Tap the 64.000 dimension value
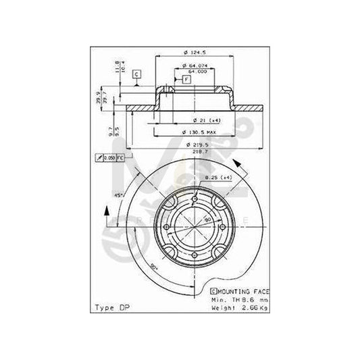click(x=195, y=72)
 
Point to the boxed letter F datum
click(x=186, y=80)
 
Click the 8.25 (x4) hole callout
click(x=217, y=177)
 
